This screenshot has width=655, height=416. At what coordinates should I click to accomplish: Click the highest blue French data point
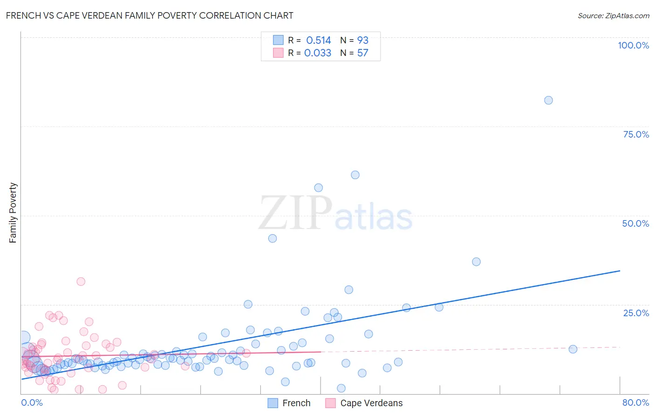pyautogui.click(x=548, y=100)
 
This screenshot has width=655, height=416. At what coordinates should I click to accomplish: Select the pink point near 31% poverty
pyautogui.click(x=81, y=281)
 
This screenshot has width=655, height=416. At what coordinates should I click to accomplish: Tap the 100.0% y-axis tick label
pyautogui.click(x=633, y=45)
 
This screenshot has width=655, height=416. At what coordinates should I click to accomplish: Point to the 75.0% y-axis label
pyautogui.click(x=636, y=134)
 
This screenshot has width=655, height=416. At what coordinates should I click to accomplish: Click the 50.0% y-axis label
pyautogui.click(x=635, y=223)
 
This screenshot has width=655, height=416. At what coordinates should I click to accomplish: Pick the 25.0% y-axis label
pyautogui.click(x=636, y=313)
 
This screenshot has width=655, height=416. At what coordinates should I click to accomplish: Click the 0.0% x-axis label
pyautogui.click(x=32, y=402)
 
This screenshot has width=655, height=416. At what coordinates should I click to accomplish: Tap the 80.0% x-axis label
pyautogui.click(x=635, y=402)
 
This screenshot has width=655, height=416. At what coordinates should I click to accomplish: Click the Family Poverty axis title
pyautogui.click(x=13, y=213)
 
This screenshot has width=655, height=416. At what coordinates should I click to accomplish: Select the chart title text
pyautogui.click(x=150, y=15)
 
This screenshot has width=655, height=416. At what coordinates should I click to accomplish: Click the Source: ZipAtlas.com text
pyautogui.click(x=613, y=15)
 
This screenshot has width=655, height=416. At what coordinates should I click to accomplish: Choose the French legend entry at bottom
pyautogui.click(x=296, y=403)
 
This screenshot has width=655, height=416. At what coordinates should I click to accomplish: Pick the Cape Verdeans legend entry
pyautogui.click(x=371, y=403)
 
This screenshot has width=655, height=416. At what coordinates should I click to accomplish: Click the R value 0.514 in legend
pyautogui.click(x=319, y=41)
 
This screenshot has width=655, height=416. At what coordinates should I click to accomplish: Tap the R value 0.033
pyautogui.click(x=318, y=53)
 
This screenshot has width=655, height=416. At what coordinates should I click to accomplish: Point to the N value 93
pyautogui.click(x=362, y=41)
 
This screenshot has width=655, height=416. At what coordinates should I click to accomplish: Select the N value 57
pyautogui.click(x=362, y=53)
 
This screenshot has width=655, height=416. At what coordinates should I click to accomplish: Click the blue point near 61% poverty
pyautogui.click(x=355, y=175)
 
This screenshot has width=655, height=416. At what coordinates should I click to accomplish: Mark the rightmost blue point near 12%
pyautogui.click(x=573, y=349)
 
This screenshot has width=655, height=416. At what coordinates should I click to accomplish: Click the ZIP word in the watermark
pyautogui.click(x=295, y=213)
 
